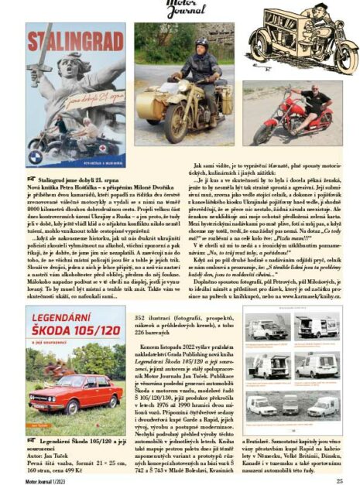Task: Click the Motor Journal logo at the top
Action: point(180,9)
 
